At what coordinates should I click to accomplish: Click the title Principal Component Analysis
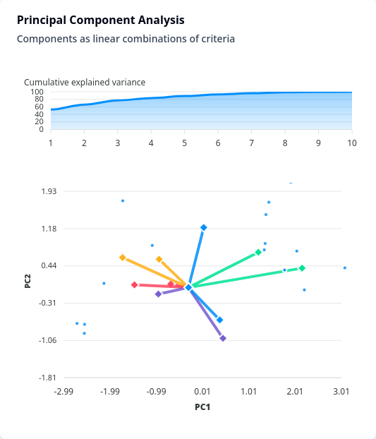tap(101, 20)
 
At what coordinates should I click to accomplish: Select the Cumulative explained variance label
tap(85, 83)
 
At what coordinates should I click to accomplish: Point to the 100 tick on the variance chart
tap(37, 92)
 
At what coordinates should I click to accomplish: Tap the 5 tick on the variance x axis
tap(185, 143)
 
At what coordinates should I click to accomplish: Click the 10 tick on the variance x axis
tap(352, 143)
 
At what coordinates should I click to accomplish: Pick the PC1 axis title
tap(202, 407)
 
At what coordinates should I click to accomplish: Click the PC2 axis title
tap(28, 281)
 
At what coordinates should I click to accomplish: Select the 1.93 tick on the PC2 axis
tap(49, 191)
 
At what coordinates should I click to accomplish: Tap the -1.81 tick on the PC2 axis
tap(47, 378)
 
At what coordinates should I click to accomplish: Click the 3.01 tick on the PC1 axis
tap(341, 392)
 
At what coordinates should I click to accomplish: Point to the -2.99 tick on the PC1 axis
tap(63, 392)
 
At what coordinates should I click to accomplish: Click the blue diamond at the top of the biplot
tap(204, 228)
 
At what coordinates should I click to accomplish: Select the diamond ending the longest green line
tap(302, 268)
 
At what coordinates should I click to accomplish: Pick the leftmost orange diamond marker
tap(123, 258)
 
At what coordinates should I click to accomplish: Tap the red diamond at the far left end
tap(135, 284)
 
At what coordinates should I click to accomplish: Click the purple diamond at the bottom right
tap(223, 339)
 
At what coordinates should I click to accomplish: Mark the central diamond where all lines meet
tap(188, 287)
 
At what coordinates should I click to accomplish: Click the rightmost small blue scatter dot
tap(345, 268)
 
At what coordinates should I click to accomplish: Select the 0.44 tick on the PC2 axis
tap(49, 265)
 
